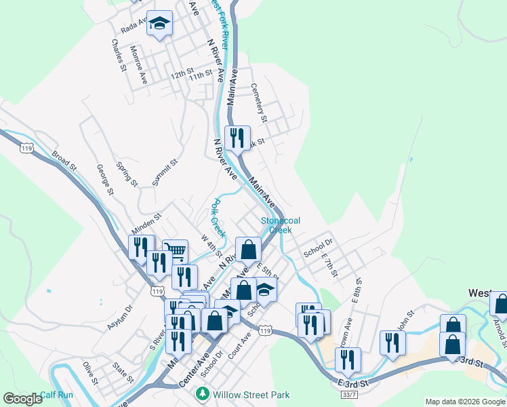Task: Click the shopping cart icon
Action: (175, 252)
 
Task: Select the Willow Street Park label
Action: (251, 395)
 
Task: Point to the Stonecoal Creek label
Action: (281, 225)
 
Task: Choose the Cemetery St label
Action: (260, 102)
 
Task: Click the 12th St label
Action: (182, 73)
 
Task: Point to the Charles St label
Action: (119, 55)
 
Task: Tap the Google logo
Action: (22, 399)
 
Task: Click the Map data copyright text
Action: (466, 402)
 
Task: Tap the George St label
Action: (103, 180)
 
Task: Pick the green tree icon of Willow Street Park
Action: (202, 394)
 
